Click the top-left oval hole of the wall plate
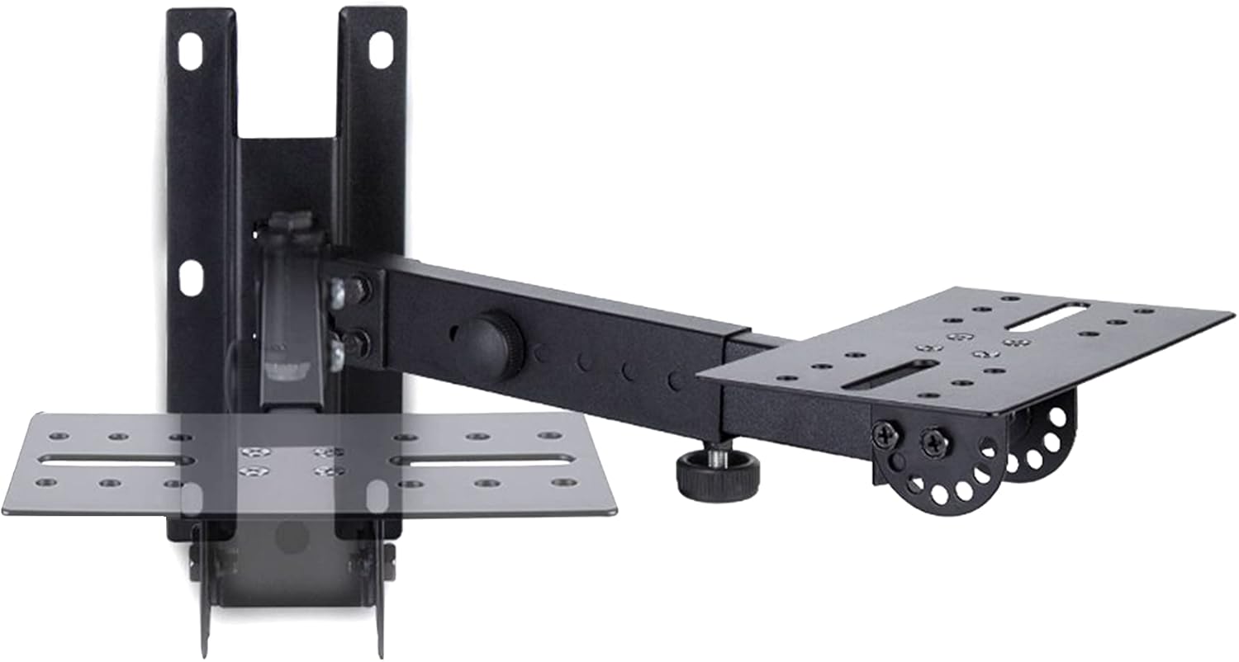189,52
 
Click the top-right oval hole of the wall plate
380,50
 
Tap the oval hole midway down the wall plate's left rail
190,278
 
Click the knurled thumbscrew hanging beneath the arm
718,475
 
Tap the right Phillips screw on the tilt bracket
936,442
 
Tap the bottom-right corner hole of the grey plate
564,482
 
